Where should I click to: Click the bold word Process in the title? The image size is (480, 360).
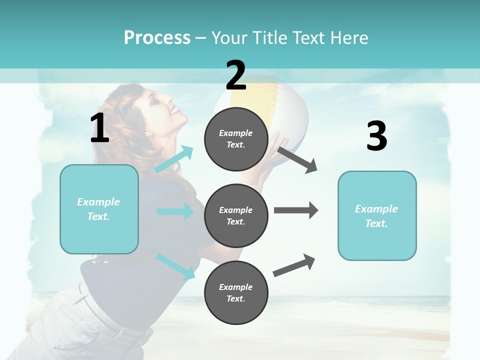pyautogui.click(x=157, y=37)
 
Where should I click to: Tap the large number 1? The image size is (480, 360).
pyautogui.click(x=99, y=128)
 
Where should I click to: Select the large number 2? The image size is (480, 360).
pyautogui.click(x=236, y=75)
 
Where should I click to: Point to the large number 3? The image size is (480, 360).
pyautogui.click(x=376, y=136)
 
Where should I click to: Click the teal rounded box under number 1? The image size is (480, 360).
pyautogui.click(x=99, y=209)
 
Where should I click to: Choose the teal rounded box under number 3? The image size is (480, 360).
pyautogui.click(x=377, y=216)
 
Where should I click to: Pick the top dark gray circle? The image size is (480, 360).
pyautogui.click(x=236, y=139)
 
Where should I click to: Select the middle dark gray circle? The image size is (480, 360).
pyautogui.click(x=236, y=215)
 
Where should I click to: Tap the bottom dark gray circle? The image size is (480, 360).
pyautogui.click(x=236, y=292)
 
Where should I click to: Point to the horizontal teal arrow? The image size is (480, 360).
pyautogui.click(x=175, y=211)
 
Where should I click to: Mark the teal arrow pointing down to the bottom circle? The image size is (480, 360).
pyautogui.click(x=175, y=266)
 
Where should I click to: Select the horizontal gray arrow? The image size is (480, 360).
pyautogui.click(x=295, y=210)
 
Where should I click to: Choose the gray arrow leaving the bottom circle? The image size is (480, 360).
pyautogui.click(x=294, y=265)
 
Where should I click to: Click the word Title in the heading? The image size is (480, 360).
pyautogui.click(x=270, y=37)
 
